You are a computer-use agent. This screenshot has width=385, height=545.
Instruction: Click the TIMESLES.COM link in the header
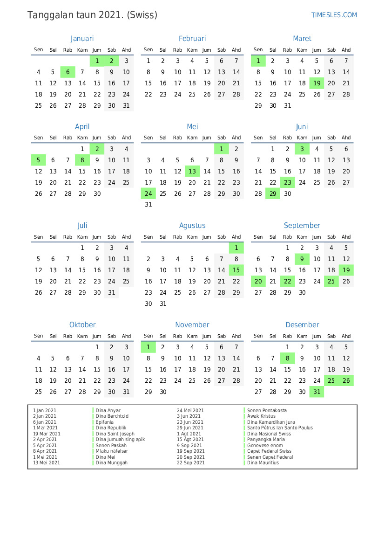[x=334, y=15]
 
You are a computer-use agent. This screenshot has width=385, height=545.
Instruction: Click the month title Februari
[x=192, y=39]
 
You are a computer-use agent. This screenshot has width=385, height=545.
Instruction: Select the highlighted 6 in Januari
[x=68, y=72]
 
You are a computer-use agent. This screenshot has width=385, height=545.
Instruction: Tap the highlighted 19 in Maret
[x=317, y=83]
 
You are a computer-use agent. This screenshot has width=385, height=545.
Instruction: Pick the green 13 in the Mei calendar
[x=192, y=172]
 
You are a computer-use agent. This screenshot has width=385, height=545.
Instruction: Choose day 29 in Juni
[x=273, y=193]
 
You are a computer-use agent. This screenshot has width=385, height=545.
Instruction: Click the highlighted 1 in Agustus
[x=236, y=248]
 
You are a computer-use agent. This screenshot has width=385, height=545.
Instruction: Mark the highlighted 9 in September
[x=302, y=259]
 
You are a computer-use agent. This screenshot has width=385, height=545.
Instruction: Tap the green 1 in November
[x=149, y=347]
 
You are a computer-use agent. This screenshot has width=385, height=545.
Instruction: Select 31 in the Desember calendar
[x=317, y=392]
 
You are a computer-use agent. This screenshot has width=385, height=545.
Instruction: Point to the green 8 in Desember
[x=288, y=358]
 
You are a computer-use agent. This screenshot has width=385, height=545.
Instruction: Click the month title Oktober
[x=82, y=325]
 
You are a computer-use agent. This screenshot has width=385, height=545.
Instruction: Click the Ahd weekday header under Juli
[x=126, y=237]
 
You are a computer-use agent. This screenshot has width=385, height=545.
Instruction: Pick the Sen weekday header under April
[x=39, y=138]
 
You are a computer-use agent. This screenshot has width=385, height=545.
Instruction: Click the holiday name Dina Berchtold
[x=112, y=416]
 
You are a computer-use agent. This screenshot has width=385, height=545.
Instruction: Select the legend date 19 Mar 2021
[x=47, y=434]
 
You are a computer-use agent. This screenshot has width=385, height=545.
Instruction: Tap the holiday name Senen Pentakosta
[x=267, y=411]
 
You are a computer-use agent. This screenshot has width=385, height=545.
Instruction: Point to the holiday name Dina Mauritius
[x=263, y=463]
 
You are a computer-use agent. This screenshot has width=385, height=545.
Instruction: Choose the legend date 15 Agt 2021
[x=190, y=440]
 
